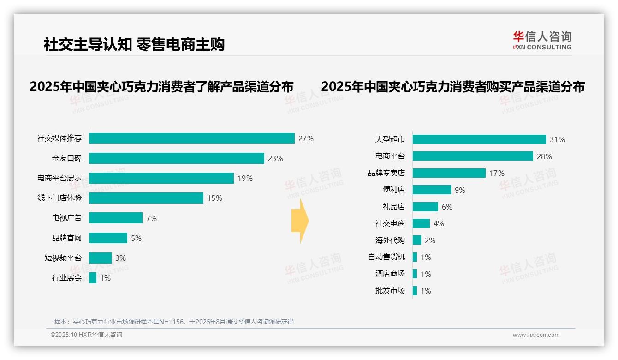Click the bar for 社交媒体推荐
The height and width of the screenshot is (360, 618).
coord(191,138)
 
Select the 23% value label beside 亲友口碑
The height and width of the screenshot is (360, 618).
coord(275,158)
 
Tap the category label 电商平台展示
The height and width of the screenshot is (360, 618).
coord(59,178)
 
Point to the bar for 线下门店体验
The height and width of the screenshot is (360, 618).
coord(146,198)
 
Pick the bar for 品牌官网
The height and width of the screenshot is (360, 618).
coord(108,238)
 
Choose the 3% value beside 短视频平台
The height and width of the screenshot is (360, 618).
coord(120,258)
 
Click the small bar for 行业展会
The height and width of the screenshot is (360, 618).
coord(93,278)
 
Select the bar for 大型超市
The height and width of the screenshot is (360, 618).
coord(479,139)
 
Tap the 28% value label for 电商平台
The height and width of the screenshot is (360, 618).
coord(544,156)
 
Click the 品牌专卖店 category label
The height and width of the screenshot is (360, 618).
coord(386,173)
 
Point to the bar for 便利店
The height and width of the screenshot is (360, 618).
coord(432,190)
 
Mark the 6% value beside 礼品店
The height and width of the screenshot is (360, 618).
coord(447,207)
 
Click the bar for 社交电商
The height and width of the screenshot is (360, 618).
coord(421,223)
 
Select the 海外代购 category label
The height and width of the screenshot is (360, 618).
coord(390,240)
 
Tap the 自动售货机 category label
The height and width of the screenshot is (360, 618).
coord(386,257)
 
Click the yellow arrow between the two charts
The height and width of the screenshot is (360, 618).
coord(300,221)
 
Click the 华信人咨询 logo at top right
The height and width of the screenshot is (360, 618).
coord(542,40)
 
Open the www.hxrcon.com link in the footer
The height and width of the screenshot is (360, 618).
coord(535,335)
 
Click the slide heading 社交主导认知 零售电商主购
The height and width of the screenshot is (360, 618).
coord(134,45)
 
